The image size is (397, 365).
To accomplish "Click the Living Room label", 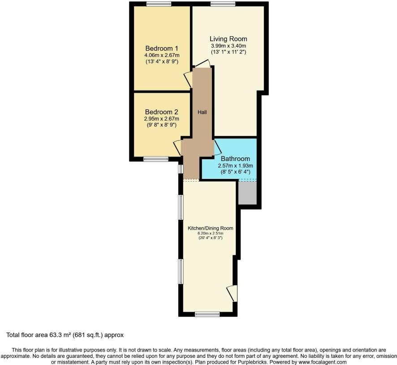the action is click(229, 39).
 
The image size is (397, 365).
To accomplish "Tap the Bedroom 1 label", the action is click(162, 48).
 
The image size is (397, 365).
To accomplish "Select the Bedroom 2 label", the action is click(162, 112).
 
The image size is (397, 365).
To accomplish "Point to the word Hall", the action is click(202, 112).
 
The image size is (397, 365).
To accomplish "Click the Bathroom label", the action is click(235, 159).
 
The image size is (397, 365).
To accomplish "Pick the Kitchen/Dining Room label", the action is click(211, 228).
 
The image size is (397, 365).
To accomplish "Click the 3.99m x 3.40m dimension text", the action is click(229, 46).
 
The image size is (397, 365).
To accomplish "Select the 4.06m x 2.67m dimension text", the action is click(162, 55).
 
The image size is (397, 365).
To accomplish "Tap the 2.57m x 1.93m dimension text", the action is click(235, 166).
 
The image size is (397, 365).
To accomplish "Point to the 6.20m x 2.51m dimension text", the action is click(211, 234).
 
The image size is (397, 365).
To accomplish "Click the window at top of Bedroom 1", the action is click(159, 4).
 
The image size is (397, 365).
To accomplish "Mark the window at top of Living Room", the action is click(223, 4).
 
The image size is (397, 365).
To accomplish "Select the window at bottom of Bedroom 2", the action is click(156, 159).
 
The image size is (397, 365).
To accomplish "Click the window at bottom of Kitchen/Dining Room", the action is click(207, 314).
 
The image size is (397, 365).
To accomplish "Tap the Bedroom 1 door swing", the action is click(188, 79).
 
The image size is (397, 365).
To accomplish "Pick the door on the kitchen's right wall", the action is click(232, 293).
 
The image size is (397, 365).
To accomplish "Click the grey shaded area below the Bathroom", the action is click(247, 193).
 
